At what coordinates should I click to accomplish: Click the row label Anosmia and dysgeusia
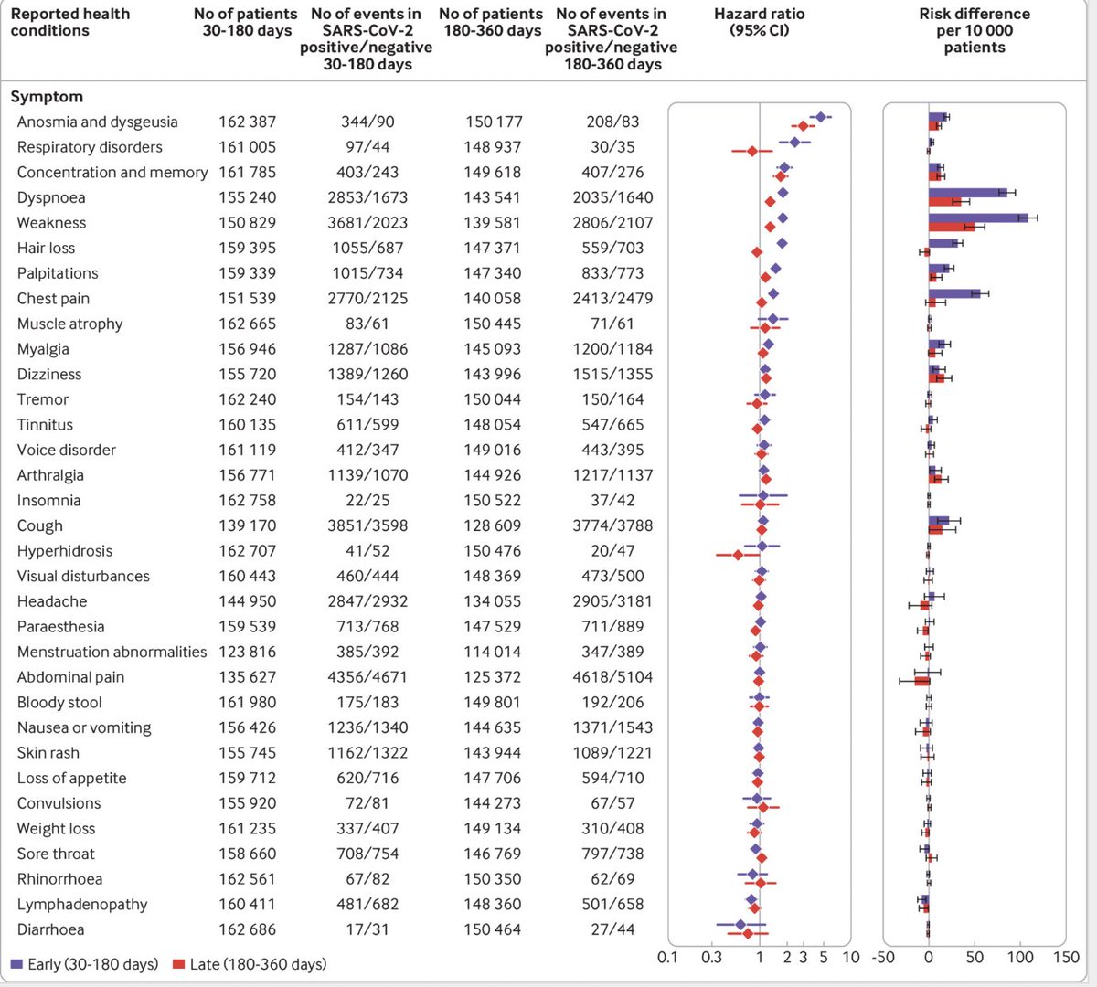point(98,122)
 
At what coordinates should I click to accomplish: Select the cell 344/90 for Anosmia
point(367,122)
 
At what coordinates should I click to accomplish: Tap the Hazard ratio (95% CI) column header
point(759,22)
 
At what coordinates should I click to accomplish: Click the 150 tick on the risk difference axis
point(1066,958)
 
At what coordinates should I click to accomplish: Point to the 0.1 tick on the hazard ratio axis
point(668,958)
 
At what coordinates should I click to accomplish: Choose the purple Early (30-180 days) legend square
point(16,964)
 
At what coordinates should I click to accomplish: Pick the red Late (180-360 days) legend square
point(179,964)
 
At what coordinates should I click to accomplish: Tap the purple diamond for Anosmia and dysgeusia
point(820,117)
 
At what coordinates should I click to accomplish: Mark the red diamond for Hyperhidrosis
point(738,555)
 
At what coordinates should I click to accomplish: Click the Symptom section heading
point(47,96)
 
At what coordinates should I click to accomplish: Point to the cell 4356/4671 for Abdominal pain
point(367,677)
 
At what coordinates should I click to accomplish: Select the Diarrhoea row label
point(50,929)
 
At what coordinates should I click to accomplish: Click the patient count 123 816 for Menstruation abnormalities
point(247,652)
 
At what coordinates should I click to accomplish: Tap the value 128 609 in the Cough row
point(494,525)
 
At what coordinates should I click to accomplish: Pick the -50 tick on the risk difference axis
point(883,958)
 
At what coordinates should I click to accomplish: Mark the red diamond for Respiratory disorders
point(752,151)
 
